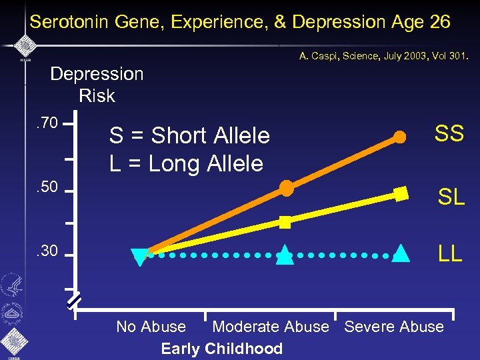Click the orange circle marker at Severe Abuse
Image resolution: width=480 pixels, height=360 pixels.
pyautogui.click(x=399, y=137)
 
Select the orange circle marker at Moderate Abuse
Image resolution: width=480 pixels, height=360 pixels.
pyautogui.click(x=286, y=188)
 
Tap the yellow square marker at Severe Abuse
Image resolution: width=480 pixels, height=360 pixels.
pyautogui.click(x=401, y=194)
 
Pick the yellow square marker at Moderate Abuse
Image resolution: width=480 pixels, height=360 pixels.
pyautogui.click(x=285, y=222)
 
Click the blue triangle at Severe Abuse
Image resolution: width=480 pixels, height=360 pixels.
pyautogui.click(x=401, y=254)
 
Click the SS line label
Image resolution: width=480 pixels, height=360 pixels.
pyautogui.click(x=449, y=134)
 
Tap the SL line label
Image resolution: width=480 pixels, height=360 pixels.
pyautogui.click(x=451, y=197)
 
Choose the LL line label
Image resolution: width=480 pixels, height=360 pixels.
pyautogui.click(x=449, y=254)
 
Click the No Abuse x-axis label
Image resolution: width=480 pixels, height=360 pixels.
pyautogui.click(x=151, y=327)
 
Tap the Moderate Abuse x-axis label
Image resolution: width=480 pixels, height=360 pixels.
pyautogui.click(x=270, y=327)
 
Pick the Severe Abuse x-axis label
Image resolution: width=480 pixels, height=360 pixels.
pyautogui.click(x=393, y=327)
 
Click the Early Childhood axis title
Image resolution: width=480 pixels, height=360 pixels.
pyautogui.click(x=221, y=349)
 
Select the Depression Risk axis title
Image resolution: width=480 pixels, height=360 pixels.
pyautogui.click(x=97, y=85)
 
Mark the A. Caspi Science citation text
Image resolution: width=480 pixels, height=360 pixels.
pyautogui.click(x=384, y=57)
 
